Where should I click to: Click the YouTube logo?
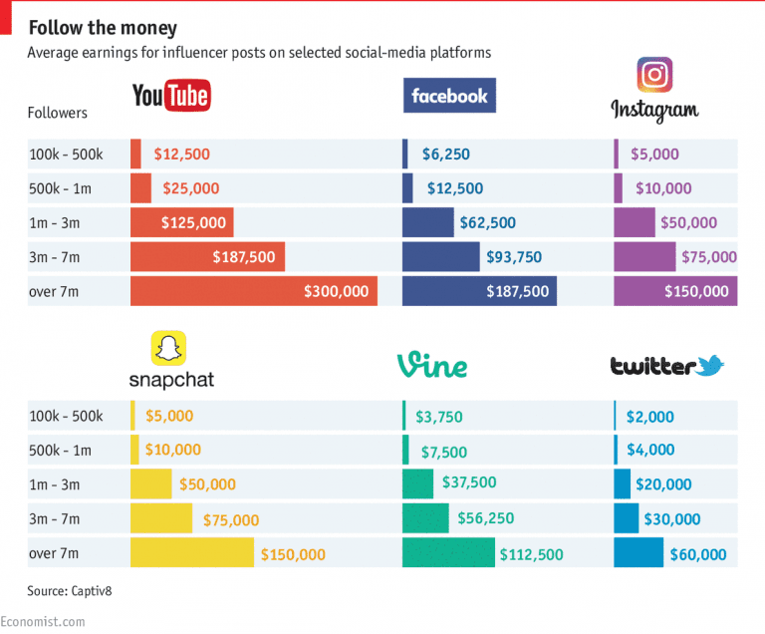(171, 97)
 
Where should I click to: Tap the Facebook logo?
(449, 96)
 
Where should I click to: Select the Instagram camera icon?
(654, 75)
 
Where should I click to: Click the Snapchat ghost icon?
(169, 349)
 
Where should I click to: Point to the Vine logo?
(431, 366)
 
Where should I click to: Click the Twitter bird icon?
(710, 366)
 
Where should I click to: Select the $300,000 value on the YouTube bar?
(337, 291)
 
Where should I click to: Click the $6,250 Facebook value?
(446, 155)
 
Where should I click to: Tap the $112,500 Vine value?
(532, 554)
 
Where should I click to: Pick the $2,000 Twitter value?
(650, 417)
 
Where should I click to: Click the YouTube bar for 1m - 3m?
(181, 223)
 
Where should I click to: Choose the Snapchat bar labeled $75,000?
(161, 519)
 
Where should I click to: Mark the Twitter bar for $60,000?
(638, 553)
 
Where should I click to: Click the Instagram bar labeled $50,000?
(635, 223)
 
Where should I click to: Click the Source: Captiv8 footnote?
(71, 591)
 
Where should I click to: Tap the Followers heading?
(57, 113)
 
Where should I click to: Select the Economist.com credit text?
(43, 621)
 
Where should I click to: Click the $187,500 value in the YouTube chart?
(244, 257)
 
